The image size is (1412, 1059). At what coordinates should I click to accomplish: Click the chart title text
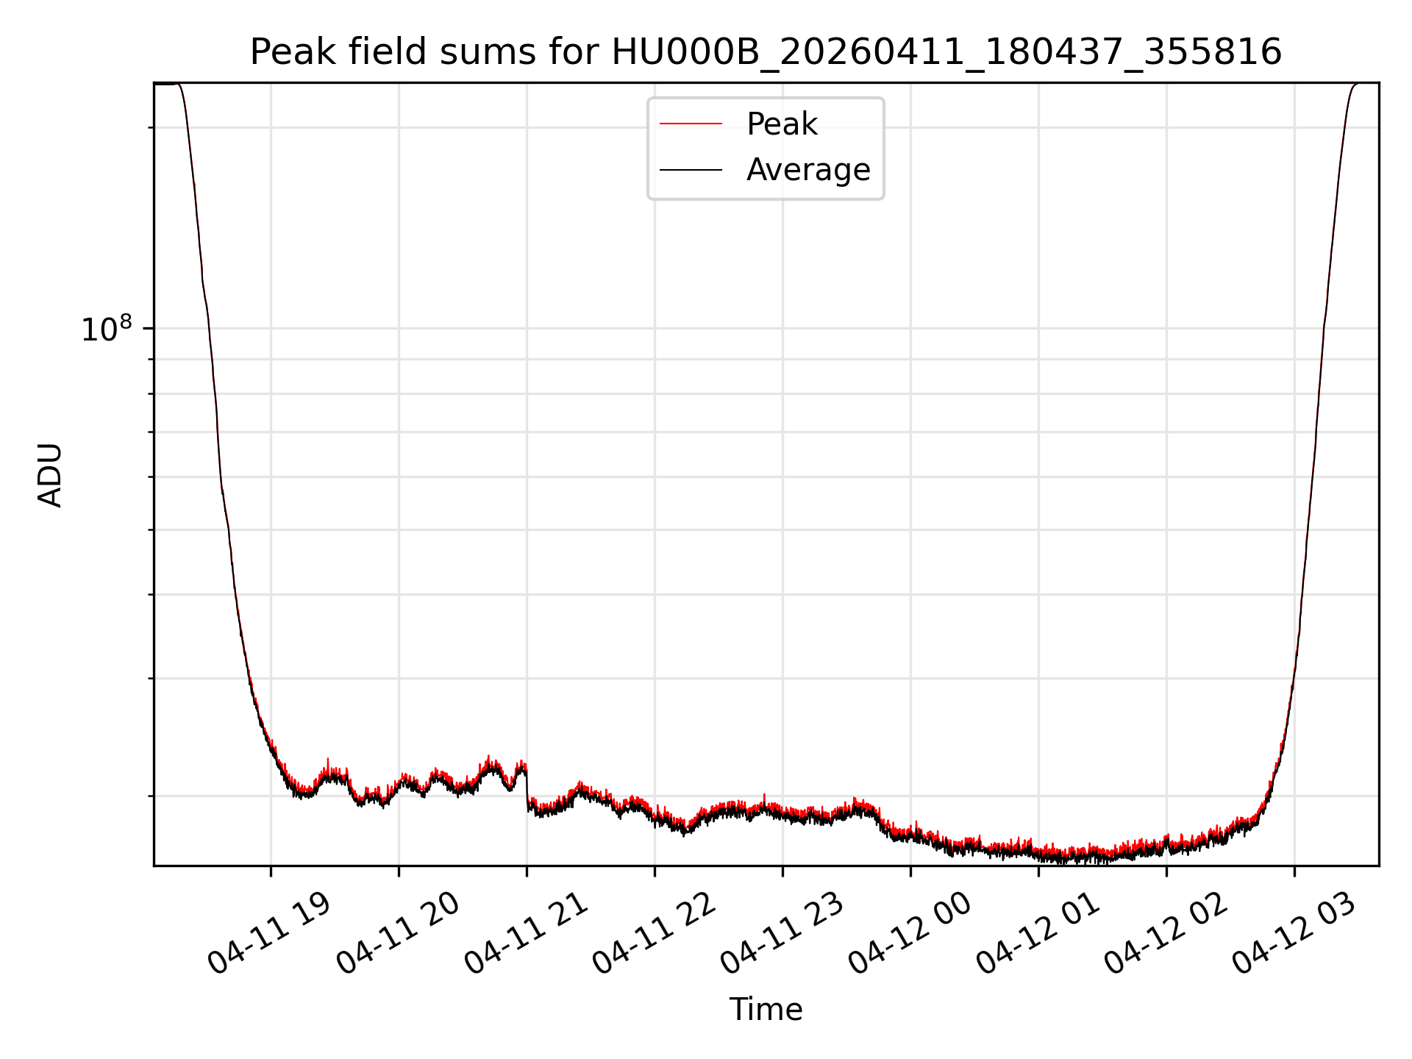pyautogui.click(x=766, y=53)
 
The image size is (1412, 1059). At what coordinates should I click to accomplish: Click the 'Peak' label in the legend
pyautogui.click(x=781, y=124)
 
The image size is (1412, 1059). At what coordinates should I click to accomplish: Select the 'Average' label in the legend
pyautogui.click(x=807, y=170)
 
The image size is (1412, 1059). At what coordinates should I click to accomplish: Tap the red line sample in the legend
pyautogui.click(x=691, y=124)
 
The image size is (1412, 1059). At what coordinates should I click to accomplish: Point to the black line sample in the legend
pyautogui.click(x=691, y=170)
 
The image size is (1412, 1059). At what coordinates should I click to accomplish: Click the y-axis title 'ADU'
pyautogui.click(x=50, y=474)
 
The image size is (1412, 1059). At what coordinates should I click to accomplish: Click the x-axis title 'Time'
pyautogui.click(x=766, y=1010)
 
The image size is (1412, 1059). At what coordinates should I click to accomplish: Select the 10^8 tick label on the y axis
pyautogui.click(x=106, y=329)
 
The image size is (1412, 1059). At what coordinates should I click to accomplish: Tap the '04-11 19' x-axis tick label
pyautogui.click(x=269, y=934)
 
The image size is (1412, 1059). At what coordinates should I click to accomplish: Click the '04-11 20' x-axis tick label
pyautogui.click(x=397, y=934)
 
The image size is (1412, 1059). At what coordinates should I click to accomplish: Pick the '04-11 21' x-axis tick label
pyautogui.click(x=525, y=934)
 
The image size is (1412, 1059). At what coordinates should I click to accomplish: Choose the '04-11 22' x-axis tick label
pyautogui.click(x=653, y=934)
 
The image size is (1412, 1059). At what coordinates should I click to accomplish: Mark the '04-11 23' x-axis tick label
pyautogui.click(x=781, y=934)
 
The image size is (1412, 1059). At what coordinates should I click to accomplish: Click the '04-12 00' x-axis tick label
pyautogui.click(x=909, y=934)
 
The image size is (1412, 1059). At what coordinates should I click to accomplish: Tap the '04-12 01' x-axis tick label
pyautogui.click(x=1037, y=934)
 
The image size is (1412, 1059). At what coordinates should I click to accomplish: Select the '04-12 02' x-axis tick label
pyautogui.click(x=1165, y=934)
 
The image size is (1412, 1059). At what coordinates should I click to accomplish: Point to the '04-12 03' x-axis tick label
pyautogui.click(x=1293, y=934)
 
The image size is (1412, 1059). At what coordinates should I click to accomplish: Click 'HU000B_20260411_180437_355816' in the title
pyautogui.click(x=946, y=53)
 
